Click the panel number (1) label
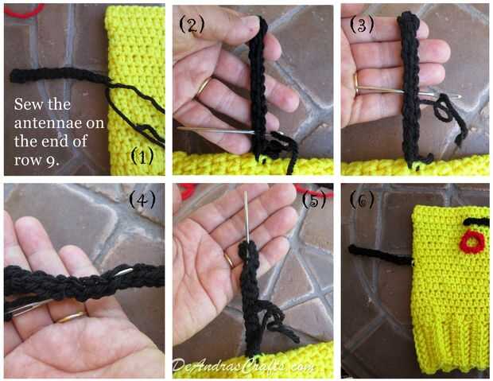pyautogui.click(x=142, y=157)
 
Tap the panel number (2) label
pyautogui.click(x=192, y=24)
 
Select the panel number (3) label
pyautogui.click(x=362, y=24)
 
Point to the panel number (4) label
pyautogui.click(x=142, y=200)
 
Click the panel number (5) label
pyautogui.click(x=313, y=200)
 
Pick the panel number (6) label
pyautogui.click(x=362, y=200)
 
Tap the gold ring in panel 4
pyautogui.click(x=71, y=317)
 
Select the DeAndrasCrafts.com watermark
pyautogui.click(x=243, y=366)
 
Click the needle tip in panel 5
pyautogui.click(x=246, y=192)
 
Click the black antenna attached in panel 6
pyautogui.click(x=380, y=255)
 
